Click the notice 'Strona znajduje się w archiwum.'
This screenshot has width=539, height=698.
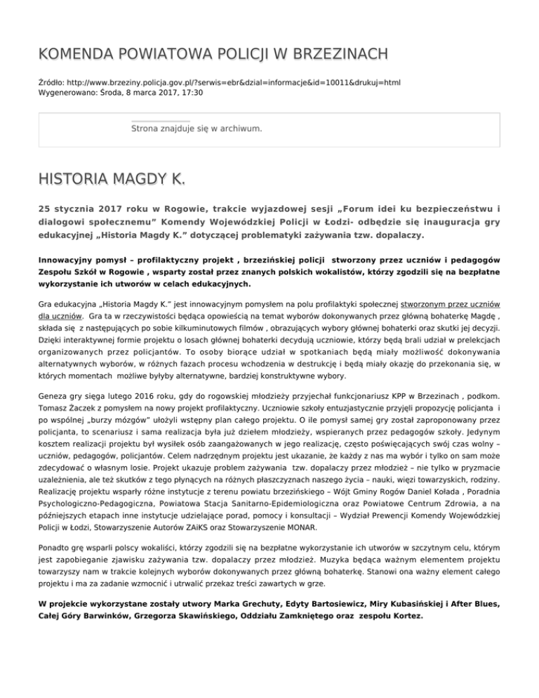point(197,129)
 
